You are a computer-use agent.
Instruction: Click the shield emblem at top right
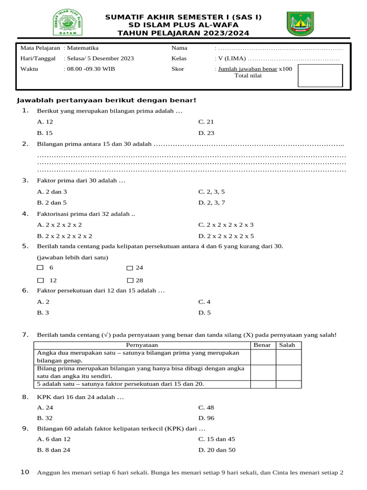(301, 24)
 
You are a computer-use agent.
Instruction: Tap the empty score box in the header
(320, 76)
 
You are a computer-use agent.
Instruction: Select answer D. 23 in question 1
(206, 133)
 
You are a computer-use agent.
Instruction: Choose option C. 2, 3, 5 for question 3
(212, 191)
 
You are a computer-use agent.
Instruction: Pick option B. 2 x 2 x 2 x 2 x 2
(65, 236)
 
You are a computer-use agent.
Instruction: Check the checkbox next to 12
(41, 280)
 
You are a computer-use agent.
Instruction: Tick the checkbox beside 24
(130, 268)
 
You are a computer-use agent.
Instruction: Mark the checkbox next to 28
(130, 280)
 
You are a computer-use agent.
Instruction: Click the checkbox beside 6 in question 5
(41, 268)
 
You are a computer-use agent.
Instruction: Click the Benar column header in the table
(262, 345)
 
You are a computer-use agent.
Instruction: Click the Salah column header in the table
(287, 345)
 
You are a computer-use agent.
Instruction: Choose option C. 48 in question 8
(206, 408)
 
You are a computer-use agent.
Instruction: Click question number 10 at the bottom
(25, 472)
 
